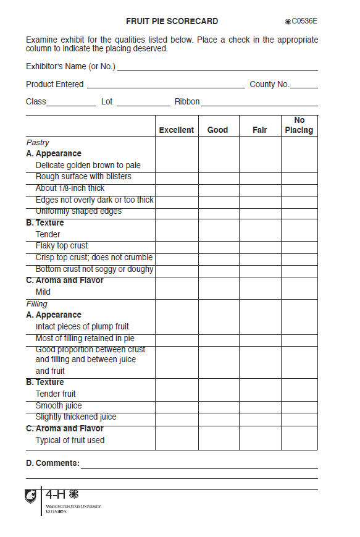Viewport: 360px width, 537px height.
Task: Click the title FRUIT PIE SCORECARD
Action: point(172,21)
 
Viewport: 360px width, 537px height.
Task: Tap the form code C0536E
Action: point(304,21)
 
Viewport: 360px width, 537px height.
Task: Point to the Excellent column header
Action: point(177,130)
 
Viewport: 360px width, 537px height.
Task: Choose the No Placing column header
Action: point(299,125)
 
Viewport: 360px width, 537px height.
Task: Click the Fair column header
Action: point(260,130)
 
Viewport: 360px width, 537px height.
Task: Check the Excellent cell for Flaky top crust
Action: point(177,246)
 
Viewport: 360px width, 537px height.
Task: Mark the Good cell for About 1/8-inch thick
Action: point(218,188)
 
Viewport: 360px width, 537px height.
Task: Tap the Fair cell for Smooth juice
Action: point(260,406)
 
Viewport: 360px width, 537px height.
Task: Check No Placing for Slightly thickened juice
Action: point(299,417)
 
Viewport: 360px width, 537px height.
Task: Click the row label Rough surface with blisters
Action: point(83,177)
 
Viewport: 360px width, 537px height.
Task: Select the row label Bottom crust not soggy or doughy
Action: point(94,269)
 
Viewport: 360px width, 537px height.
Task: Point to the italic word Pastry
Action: point(38,143)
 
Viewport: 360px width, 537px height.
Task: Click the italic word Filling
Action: point(36,304)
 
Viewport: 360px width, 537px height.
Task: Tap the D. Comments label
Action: point(52,463)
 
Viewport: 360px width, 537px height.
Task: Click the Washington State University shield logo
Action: point(31,496)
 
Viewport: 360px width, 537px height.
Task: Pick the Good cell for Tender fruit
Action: point(218,394)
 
